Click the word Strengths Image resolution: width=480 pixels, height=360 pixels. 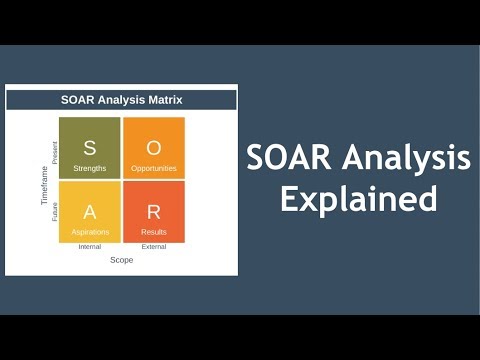[x=90, y=168]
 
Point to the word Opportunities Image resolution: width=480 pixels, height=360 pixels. [x=153, y=168]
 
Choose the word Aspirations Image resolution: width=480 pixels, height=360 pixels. [x=90, y=232]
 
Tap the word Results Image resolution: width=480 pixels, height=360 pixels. [x=153, y=232]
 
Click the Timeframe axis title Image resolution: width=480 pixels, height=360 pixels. [x=44, y=184]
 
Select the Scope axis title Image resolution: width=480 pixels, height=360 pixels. [x=121, y=260]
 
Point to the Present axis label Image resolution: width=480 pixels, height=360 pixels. [x=55, y=152]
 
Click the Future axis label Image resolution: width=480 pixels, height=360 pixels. [x=55, y=211]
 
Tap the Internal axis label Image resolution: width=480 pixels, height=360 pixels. [x=90, y=247]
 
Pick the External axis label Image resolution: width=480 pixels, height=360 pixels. [x=153, y=247]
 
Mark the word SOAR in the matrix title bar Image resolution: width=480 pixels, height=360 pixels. [x=79, y=100]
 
